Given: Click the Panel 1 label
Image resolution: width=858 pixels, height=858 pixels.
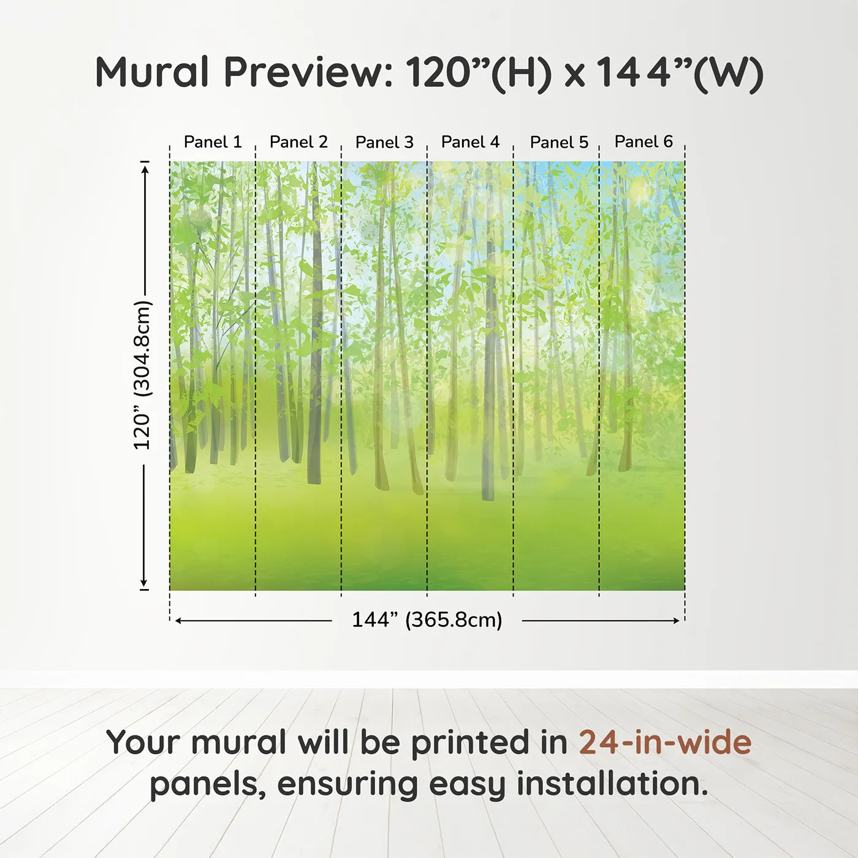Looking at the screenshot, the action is (x=213, y=142).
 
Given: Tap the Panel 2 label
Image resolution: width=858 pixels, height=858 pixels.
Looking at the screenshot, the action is (x=298, y=142).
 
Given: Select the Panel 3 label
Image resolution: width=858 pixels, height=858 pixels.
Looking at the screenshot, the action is (x=385, y=142).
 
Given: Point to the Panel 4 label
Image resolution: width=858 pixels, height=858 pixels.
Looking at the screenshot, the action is (x=471, y=142).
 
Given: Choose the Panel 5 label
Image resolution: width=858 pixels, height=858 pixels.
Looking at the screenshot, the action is (x=560, y=142).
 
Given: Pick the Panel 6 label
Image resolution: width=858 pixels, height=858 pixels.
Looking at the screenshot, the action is (x=644, y=142).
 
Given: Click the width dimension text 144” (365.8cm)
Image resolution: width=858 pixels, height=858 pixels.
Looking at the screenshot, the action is (x=427, y=620).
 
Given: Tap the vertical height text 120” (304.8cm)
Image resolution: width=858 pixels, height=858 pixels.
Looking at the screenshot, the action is (x=143, y=375).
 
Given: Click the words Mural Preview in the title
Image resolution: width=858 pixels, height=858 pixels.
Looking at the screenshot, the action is (x=245, y=72).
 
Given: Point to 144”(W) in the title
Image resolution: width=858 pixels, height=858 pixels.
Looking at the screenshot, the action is (x=680, y=74).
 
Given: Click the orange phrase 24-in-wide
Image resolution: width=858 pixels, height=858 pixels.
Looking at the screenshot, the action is (x=665, y=742).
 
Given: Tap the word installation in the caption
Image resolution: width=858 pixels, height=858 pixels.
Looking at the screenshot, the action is (x=612, y=784).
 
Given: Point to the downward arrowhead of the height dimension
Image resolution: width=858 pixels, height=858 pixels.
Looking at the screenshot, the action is (x=143, y=583).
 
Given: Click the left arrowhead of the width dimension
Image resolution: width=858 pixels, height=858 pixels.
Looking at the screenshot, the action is (x=178, y=621).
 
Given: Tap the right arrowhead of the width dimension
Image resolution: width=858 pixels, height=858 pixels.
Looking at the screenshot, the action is (x=675, y=621).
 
